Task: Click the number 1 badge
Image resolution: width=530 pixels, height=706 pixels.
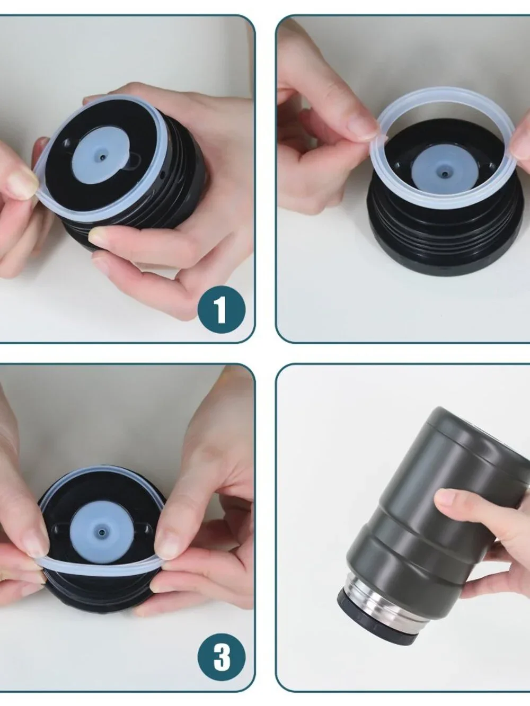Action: [222, 310]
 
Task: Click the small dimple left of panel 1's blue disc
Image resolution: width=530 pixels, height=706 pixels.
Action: [67, 141]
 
